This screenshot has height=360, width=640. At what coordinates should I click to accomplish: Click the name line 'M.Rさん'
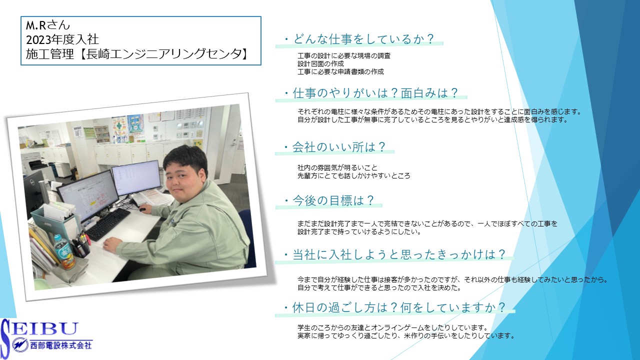point(47,25)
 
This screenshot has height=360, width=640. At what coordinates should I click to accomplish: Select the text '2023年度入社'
point(62,39)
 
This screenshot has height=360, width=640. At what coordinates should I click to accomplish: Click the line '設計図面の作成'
point(320,63)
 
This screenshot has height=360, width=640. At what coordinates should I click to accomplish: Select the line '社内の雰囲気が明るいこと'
point(337,167)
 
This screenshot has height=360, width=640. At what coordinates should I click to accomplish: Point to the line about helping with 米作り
point(406,335)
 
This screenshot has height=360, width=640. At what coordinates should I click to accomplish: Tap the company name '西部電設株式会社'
point(61,345)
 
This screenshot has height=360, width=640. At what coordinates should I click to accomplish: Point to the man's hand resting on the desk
point(112,244)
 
